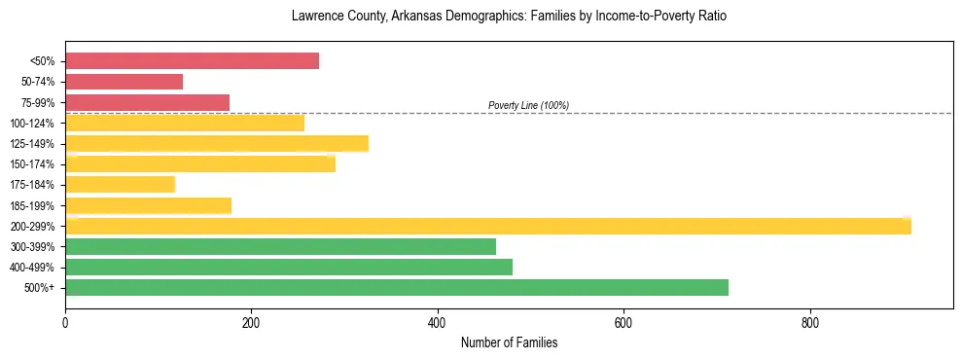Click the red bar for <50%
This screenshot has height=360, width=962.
(x=192, y=60)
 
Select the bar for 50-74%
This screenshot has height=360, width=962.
(x=124, y=82)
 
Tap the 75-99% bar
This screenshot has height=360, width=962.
(x=147, y=102)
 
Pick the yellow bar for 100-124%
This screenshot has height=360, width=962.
(x=185, y=123)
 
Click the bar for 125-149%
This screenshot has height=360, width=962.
(x=217, y=144)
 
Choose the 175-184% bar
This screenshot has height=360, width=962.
(x=120, y=184)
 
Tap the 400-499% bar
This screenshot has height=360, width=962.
(x=289, y=267)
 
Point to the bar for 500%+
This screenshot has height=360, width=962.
(x=397, y=287)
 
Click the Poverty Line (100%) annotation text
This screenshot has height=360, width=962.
(x=528, y=105)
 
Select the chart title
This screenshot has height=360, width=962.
(x=509, y=17)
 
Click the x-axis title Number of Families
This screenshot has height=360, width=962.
(x=509, y=343)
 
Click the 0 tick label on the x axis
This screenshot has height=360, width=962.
(x=65, y=323)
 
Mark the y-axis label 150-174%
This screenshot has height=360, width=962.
(x=32, y=164)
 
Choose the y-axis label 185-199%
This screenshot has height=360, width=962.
(x=32, y=205)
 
